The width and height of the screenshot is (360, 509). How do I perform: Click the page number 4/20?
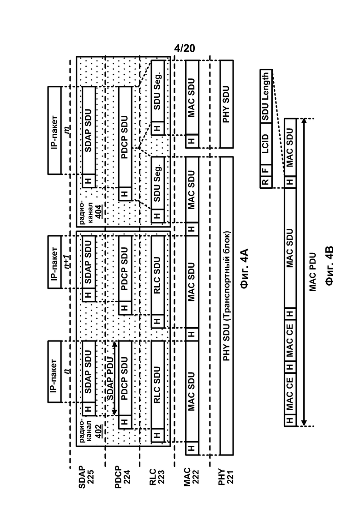(184, 48)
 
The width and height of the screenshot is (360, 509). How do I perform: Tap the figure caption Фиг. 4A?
(244, 268)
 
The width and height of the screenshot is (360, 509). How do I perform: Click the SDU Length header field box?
(266, 96)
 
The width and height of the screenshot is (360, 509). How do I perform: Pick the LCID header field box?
(266, 144)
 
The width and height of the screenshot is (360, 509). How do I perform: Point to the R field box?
(266, 182)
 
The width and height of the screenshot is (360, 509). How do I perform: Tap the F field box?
(266, 170)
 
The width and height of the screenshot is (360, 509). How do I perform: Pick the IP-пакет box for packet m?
(54, 130)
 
